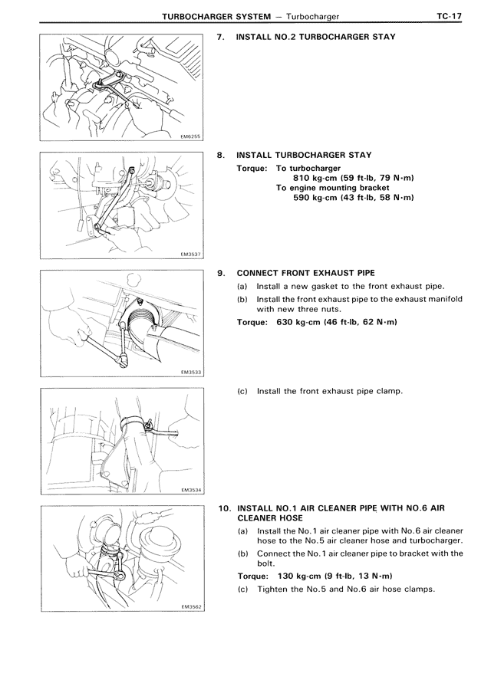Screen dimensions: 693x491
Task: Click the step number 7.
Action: coord(222,37)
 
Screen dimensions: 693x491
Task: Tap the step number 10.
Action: coord(223,507)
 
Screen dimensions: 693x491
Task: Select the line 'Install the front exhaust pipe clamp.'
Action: coord(329,391)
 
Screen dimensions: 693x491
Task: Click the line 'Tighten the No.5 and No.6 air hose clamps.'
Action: coord(346,589)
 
